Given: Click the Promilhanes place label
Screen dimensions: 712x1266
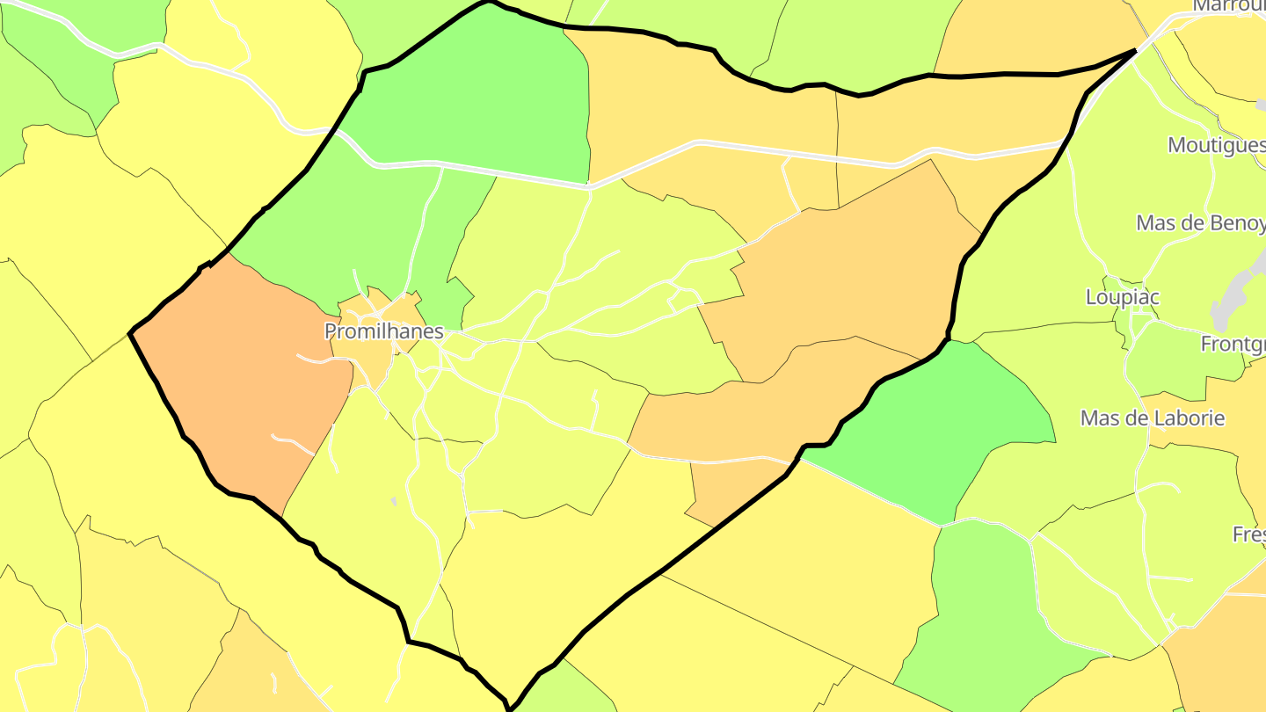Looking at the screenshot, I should click(x=383, y=332).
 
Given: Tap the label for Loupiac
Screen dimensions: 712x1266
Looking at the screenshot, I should click(x=1122, y=297).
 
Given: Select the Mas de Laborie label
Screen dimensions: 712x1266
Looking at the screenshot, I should click(x=1152, y=418).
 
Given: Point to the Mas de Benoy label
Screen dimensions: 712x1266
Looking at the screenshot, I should click(x=1199, y=222).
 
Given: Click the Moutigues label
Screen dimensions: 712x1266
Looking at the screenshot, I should click(x=1216, y=145).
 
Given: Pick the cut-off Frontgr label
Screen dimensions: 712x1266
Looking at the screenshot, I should click(x=1233, y=345).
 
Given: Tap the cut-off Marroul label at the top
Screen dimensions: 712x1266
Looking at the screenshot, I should click(x=1228, y=7).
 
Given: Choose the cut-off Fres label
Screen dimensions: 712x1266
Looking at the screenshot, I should click(x=1248, y=534).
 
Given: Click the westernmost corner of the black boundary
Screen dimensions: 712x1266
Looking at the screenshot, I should click(x=131, y=333).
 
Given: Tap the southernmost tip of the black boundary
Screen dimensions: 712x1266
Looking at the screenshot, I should click(x=509, y=706).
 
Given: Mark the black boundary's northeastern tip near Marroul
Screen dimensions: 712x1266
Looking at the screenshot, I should click(x=1136, y=51).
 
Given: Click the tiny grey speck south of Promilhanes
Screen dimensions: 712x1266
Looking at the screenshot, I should click(x=394, y=501).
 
